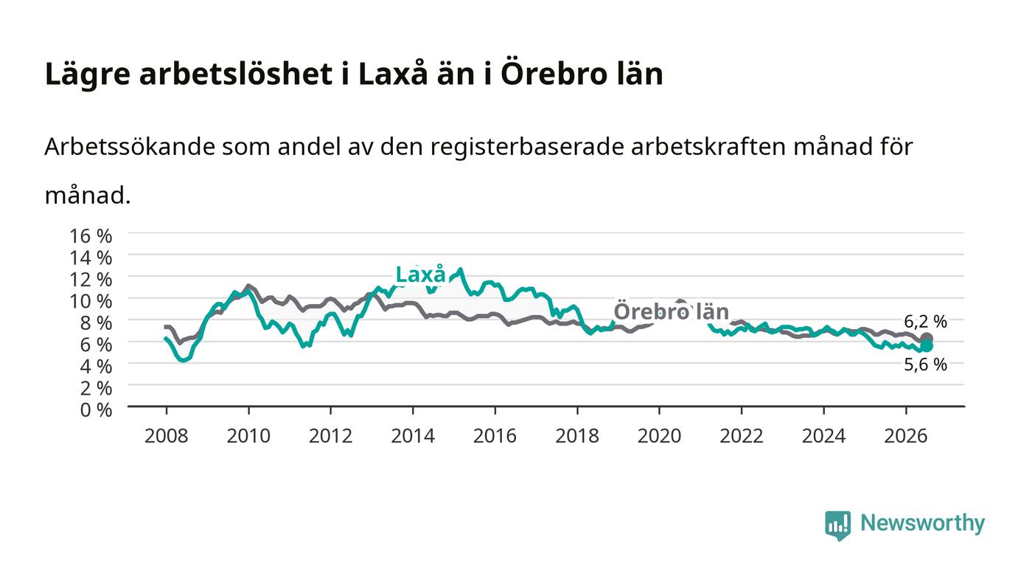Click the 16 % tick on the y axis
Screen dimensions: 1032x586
(91, 235)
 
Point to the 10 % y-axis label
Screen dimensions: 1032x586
(91, 301)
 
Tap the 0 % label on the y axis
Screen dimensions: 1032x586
(97, 410)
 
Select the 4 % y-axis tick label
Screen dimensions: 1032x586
(97, 366)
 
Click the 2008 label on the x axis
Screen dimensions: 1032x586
(167, 436)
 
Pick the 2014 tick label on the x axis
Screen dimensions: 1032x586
(413, 436)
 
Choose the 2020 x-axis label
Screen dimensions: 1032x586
(659, 436)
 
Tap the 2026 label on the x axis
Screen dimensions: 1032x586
(906, 436)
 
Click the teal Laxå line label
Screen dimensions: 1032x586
(421, 275)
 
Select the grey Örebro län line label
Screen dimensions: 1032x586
(672, 311)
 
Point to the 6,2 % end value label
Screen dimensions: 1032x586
(925, 322)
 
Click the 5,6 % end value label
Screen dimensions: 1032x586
(925, 365)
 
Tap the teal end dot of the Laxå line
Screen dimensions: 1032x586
(927, 346)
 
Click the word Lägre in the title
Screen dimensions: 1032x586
(88, 75)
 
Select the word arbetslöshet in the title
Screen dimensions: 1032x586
(236, 74)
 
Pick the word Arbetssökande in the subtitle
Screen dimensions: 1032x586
(130, 147)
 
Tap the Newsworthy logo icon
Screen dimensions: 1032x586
(837, 525)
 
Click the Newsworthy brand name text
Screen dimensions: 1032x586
(922, 523)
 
